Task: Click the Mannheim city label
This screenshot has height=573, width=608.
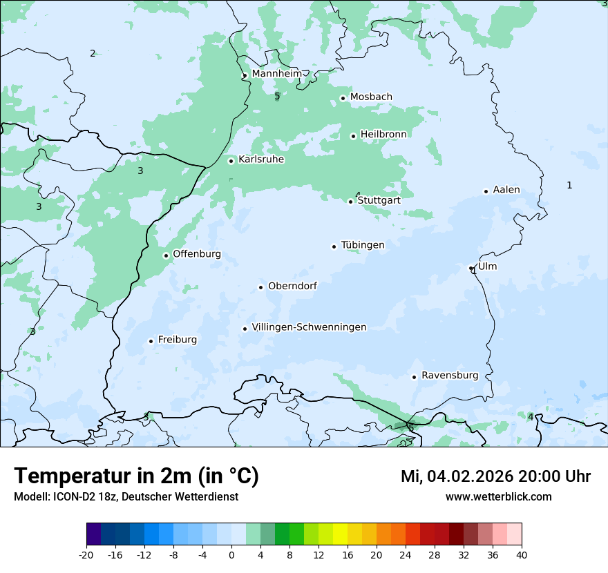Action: pyautogui.click(x=276, y=73)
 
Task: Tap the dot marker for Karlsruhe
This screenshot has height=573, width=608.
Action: pyautogui.click(x=231, y=161)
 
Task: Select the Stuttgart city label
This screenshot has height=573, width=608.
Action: pyautogui.click(x=379, y=200)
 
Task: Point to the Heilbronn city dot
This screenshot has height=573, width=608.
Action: pyautogui.click(x=353, y=136)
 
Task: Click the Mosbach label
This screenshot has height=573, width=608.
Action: pyautogui.click(x=371, y=97)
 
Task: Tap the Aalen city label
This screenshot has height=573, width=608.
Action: pyautogui.click(x=506, y=190)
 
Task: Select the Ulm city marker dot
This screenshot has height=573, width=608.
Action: pyautogui.click(x=471, y=268)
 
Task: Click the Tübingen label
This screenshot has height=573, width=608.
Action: pyautogui.click(x=363, y=245)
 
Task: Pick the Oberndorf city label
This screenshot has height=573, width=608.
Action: pyautogui.click(x=292, y=286)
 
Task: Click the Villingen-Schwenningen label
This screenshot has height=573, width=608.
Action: pyautogui.click(x=309, y=327)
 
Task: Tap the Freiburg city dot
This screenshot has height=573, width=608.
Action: pyautogui.click(x=151, y=341)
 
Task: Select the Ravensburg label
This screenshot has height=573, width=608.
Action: pyautogui.click(x=450, y=376)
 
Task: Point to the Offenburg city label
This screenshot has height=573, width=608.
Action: pyautogui.click(x=197, y=254)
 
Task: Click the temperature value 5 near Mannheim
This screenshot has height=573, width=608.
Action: pyautogui.click(x=277, y=97)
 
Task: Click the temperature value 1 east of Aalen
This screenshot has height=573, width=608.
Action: pyautogui.click(x=569, y=185)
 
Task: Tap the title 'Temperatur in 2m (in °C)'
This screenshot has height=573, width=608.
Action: pyautogui.click(x=137, y=476)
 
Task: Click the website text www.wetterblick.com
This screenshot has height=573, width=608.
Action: pyautogui.click(x=498, y=496)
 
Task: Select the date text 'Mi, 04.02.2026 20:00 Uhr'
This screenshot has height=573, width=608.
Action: pyautogui.click(x=495, y=476)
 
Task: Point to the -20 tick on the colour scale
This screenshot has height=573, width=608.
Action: pyautogui.click(x=86, y=554)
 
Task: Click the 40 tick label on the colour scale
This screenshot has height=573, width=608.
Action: pyautogui.click(x=522, y=554)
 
